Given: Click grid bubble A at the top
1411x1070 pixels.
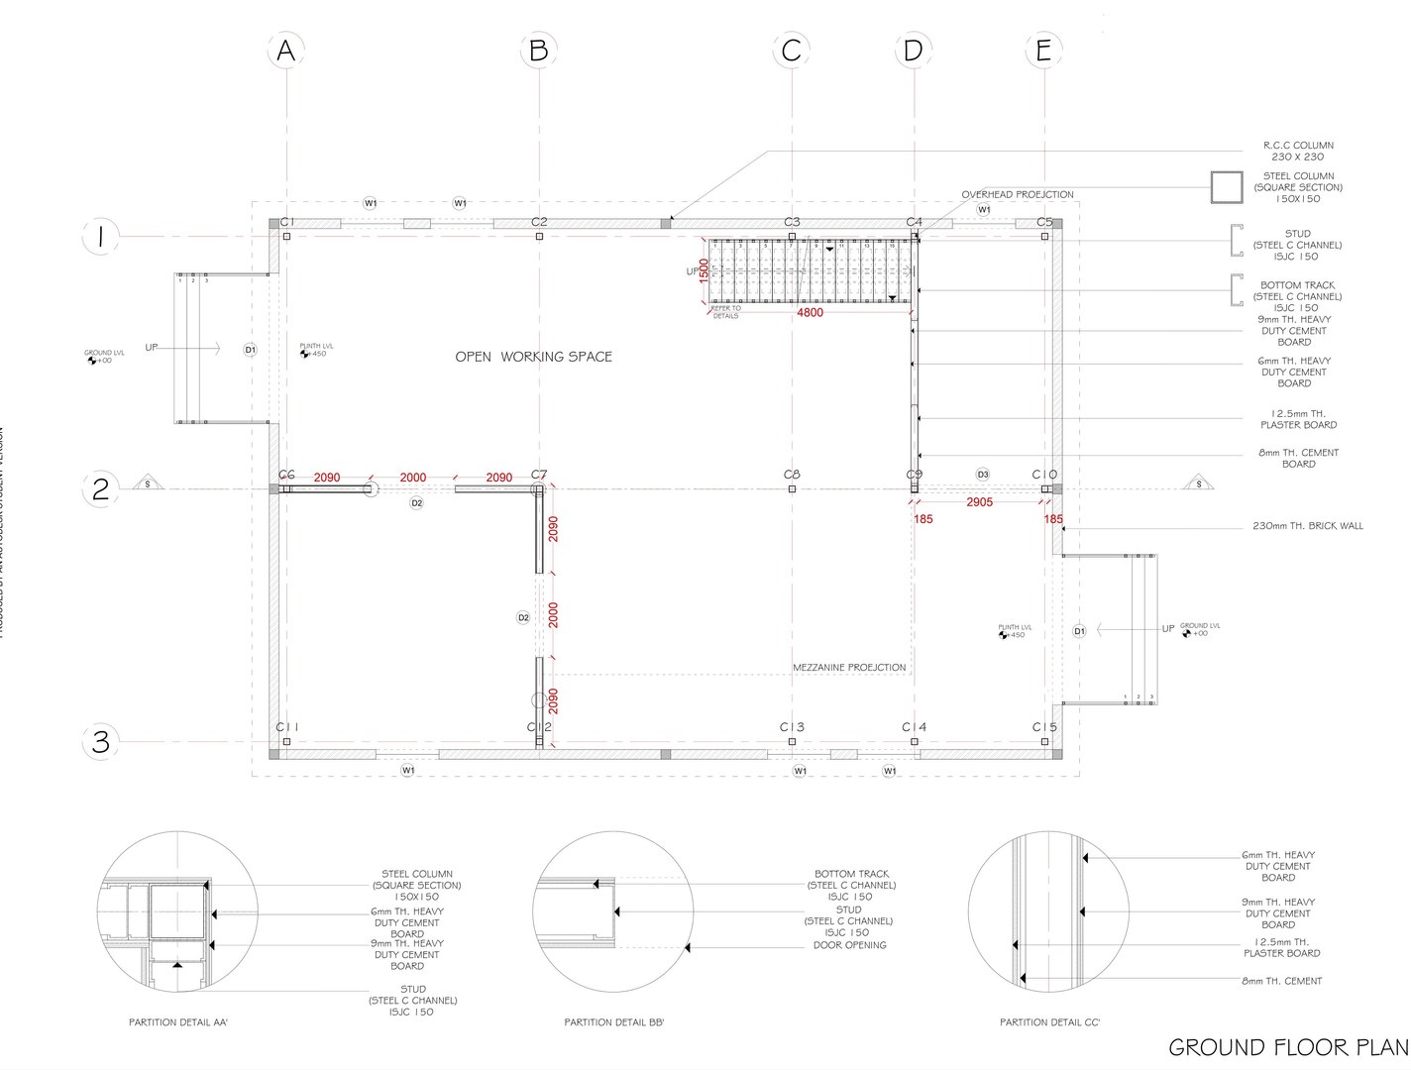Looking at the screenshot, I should click(x=285, y=51).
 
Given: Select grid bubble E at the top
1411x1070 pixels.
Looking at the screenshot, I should click(x=1043, y=51).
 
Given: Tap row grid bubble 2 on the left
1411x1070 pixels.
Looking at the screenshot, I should click(x=100, y=489).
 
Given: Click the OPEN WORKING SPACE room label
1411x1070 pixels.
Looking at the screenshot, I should click(x=533, y=357).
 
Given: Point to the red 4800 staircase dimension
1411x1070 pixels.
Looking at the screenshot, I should click(x=810, y=312).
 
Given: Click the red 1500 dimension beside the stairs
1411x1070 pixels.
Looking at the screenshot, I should click(x=704, y=271).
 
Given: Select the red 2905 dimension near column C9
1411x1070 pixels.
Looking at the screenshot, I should click(x=979, y=502).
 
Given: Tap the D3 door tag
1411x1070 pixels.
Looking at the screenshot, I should click(x=983, y=475).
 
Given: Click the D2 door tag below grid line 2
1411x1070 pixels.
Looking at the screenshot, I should click(x=417, y=503).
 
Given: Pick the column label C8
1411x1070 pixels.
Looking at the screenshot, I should click(x=791, y=476).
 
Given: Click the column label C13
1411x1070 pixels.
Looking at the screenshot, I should click(x=791, y=727).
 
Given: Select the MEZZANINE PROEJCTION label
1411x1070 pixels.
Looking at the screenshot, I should click(x=848, y=668).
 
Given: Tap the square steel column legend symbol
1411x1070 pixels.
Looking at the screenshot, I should click(x=1227, y=187).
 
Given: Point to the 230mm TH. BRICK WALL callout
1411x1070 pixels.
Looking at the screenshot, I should click(x=1307, y=526).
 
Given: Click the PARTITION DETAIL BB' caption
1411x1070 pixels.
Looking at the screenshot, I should click(x=614, y=1022).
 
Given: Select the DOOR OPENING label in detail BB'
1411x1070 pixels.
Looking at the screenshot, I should click(x=849, y=945).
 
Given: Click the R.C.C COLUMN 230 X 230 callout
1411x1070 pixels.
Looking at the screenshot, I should click(x=1298, y=151).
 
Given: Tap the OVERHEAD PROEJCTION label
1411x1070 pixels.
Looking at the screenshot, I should click(x=1017, y=195).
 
